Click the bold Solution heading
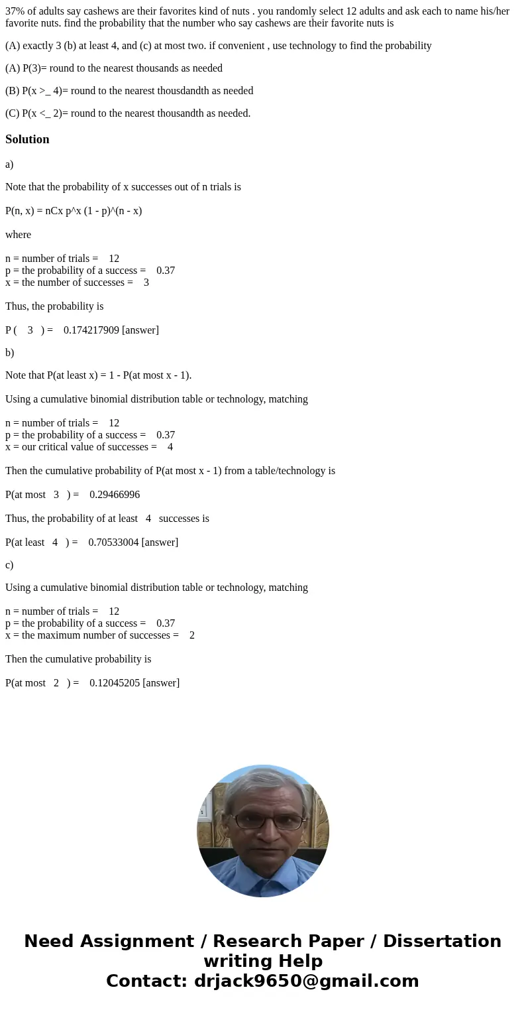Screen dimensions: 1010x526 pos(27,139)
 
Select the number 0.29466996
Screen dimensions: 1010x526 pos(115,495)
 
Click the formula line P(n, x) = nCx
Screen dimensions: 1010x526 pos(74,211)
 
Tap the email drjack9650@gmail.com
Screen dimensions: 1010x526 pos(306,981)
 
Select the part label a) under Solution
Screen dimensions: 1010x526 pos(9,164)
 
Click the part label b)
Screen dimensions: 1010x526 pos(9,353)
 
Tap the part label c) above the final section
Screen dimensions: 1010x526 pos(9,565)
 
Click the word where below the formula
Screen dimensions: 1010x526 pos(18,235)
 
